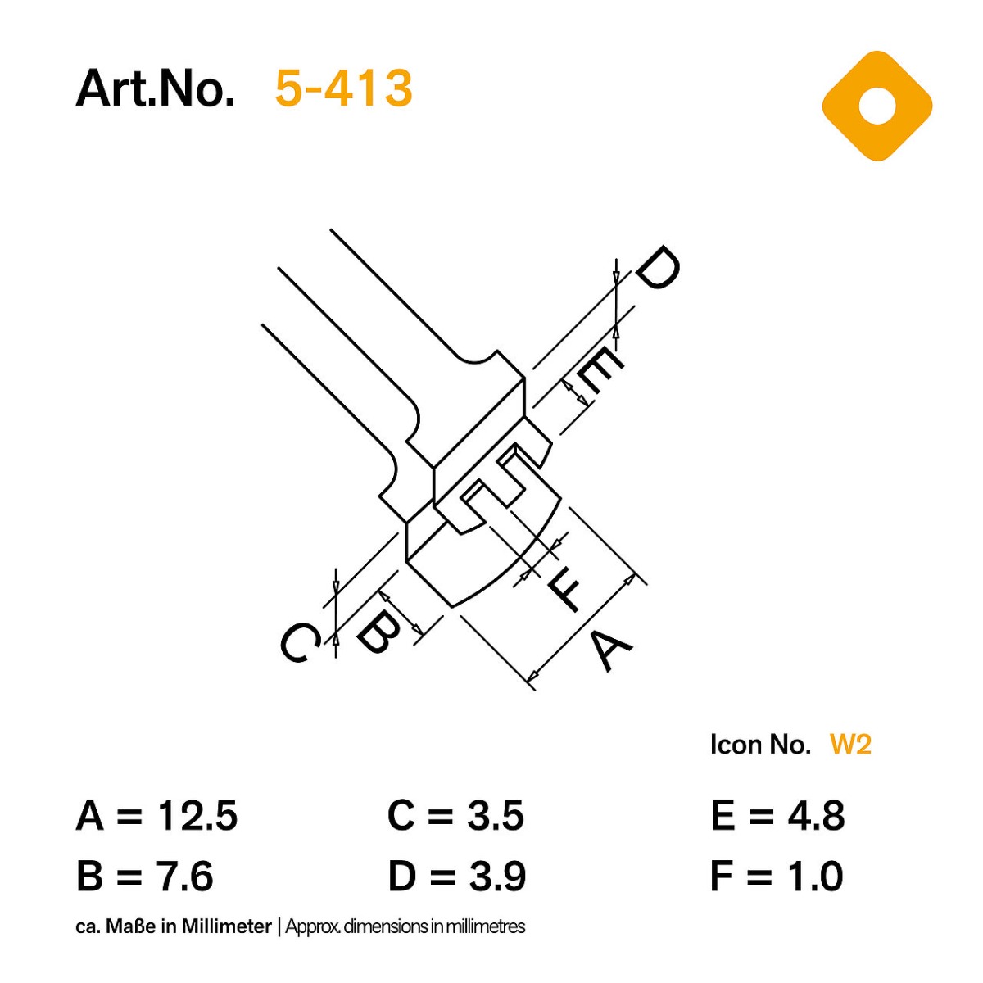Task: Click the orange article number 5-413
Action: [x=343, y=88]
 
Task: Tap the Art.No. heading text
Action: [x=155, y=88]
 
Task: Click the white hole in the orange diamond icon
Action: [x=877, y=106]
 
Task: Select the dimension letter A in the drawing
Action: [x=612, y=650]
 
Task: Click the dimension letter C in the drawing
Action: [x=300, y=642]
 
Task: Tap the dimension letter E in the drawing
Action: [x=600, y=371]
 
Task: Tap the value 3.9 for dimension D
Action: [x=497, y=876]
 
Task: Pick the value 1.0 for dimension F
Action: [x=814, y=876]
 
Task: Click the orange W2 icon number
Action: [x=850, y=745]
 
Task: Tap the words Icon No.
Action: [x=760, y=745]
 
